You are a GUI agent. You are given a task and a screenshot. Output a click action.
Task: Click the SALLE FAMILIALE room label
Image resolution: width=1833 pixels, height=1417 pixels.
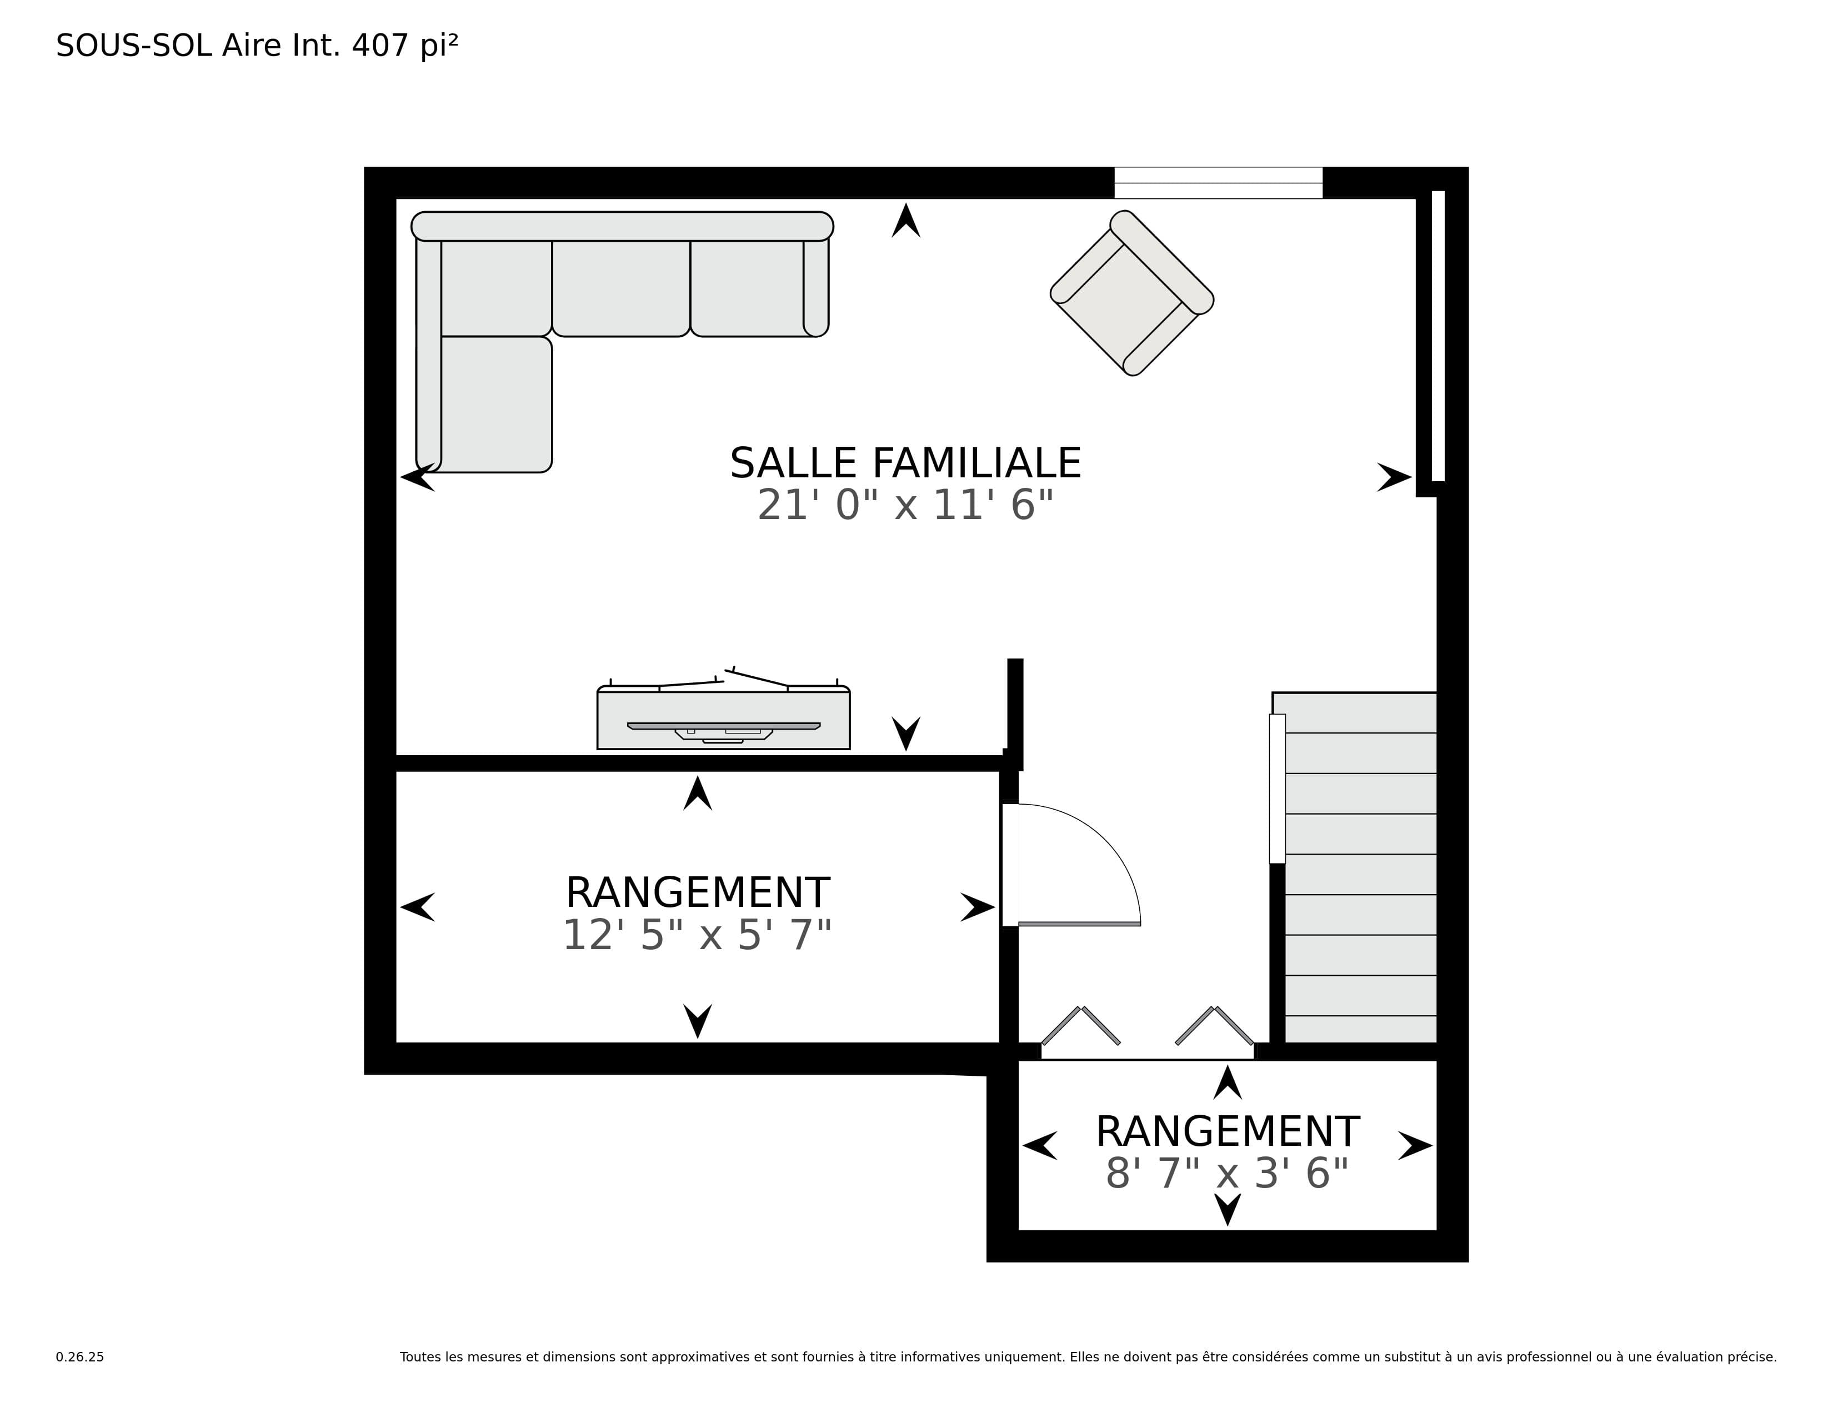(905, 463)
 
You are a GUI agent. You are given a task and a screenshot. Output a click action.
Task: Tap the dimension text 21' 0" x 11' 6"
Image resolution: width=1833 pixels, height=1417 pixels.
(905, 505)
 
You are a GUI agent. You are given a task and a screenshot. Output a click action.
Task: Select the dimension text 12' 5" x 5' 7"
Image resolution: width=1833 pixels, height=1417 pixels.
(697, 935)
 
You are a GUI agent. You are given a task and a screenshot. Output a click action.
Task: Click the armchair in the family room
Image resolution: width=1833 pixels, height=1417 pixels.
(1132, 293)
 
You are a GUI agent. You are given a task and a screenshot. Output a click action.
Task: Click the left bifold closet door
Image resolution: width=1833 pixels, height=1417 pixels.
(1081, 1025)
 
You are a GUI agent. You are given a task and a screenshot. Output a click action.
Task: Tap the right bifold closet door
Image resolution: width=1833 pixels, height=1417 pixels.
(1214, 1025)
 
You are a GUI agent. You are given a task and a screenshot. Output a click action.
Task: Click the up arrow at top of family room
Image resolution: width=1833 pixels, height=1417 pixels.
(905, 221)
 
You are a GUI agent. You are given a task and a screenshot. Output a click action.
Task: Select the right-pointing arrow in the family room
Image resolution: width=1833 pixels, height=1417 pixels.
(1395, 477)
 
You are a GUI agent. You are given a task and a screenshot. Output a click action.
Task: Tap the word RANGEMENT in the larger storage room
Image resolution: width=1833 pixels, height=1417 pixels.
(698, 892)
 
